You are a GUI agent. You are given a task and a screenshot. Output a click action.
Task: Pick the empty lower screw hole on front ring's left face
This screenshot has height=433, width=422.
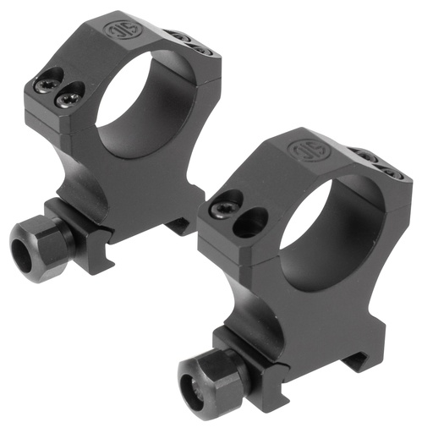248,223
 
